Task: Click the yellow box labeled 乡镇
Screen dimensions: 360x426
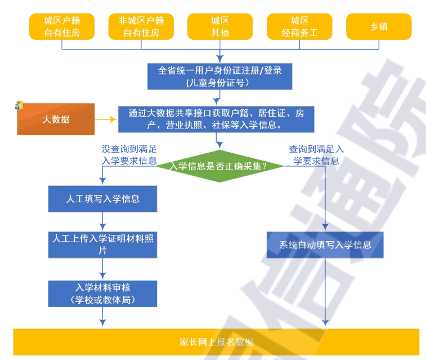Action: point(379,26)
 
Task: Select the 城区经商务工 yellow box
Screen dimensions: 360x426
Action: point(299,26)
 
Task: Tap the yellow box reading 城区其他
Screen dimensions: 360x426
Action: point(220,26)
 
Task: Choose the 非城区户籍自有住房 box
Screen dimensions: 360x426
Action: point(141,26)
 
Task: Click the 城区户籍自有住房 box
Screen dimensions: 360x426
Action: point(62,26)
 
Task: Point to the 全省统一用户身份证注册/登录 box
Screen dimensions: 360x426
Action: point(220,76)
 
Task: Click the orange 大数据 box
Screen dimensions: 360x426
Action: point(56,119)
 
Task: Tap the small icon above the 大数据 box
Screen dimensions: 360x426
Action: point(19,105)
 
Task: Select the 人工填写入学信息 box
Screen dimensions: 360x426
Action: point(102,199)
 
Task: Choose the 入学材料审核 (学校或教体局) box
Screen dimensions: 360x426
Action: point(102,293)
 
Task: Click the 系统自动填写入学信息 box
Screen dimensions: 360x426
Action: point(325,245)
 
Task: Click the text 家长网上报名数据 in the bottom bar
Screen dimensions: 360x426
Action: point(216,342)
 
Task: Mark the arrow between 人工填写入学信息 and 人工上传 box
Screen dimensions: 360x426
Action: point(102,221)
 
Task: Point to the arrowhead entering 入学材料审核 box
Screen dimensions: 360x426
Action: point(102,276)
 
